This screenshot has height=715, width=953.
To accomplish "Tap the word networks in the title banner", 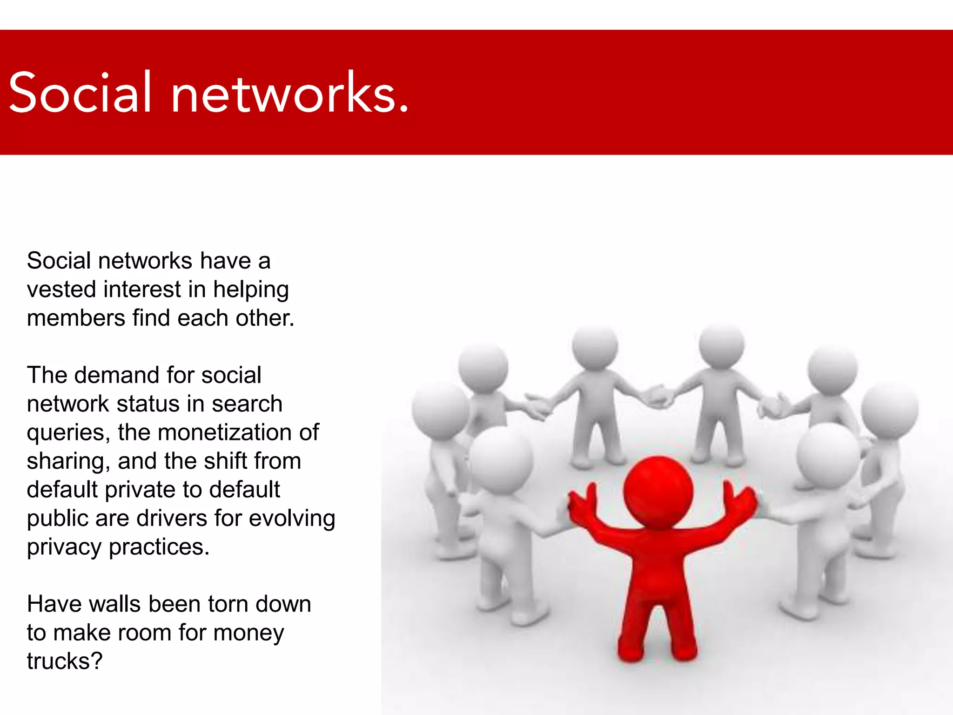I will (x=284, y=93).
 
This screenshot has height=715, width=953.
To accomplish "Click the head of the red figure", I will (x=658, y=491).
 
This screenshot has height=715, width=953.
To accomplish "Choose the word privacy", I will (x=64, y=548).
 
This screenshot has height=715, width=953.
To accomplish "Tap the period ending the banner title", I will (x=403, y=110).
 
